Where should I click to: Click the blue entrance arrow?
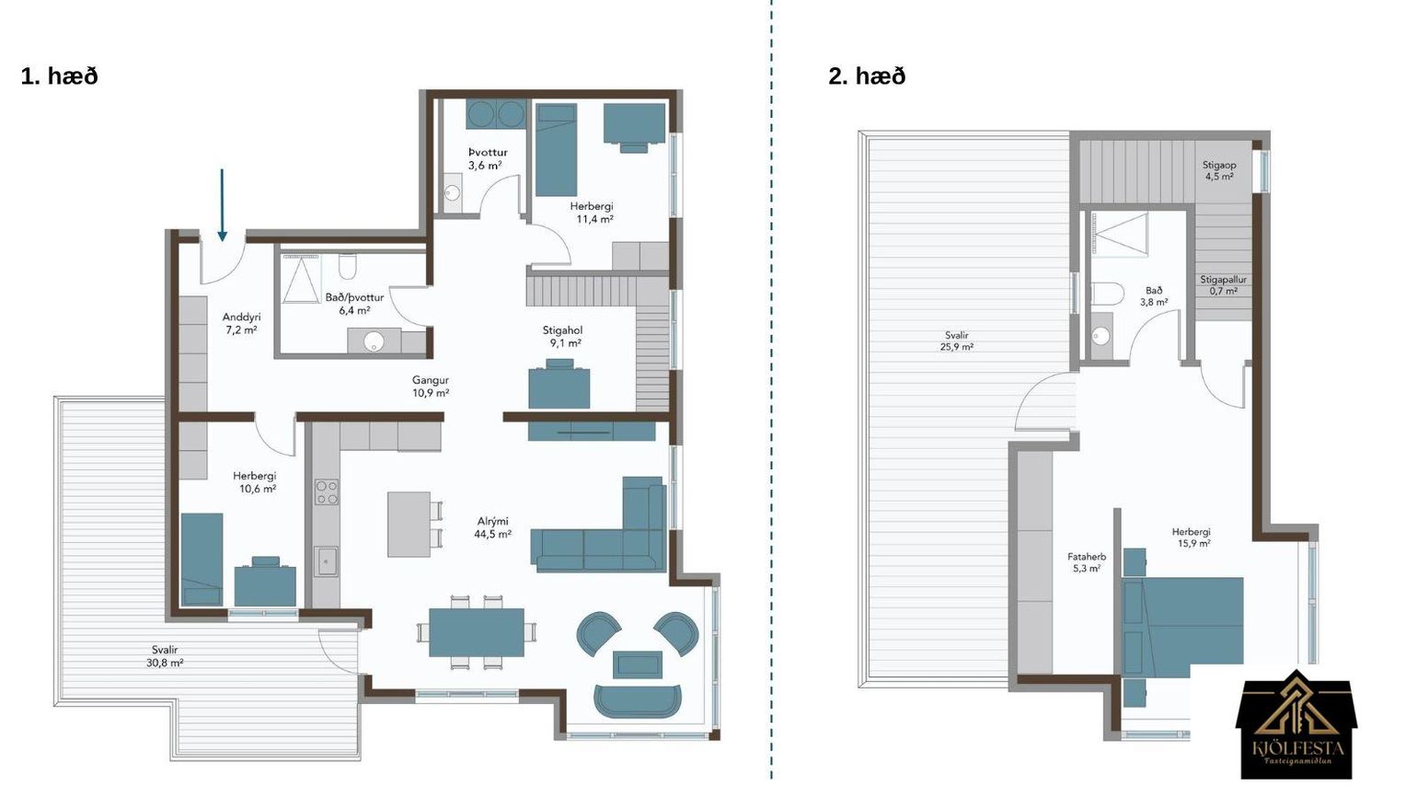coord(222,205)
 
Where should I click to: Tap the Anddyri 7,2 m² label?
coord(241,323)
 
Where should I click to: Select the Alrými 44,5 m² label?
coord(493,527)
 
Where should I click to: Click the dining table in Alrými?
coord(477,632)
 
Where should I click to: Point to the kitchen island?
coord(409,524)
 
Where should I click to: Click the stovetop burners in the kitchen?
coord(327,492)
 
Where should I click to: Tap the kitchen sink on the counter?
coord(327,561)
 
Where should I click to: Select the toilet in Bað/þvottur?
coord(347,266)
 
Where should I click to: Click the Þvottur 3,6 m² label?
coord(487,159)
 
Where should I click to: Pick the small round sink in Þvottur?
coord(453,191)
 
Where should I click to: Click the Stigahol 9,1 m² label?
coord(561,337)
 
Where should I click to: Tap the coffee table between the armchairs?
coord(637,665)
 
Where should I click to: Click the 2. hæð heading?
coord(867,76)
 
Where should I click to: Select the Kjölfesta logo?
coord(1296,724)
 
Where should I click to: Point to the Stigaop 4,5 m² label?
coord(1219,171)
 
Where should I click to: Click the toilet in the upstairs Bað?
coord(1108,295)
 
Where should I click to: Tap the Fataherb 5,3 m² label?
coord(1087,562)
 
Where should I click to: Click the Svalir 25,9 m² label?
coord(957,341)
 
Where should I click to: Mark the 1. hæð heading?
coord(60,76)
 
